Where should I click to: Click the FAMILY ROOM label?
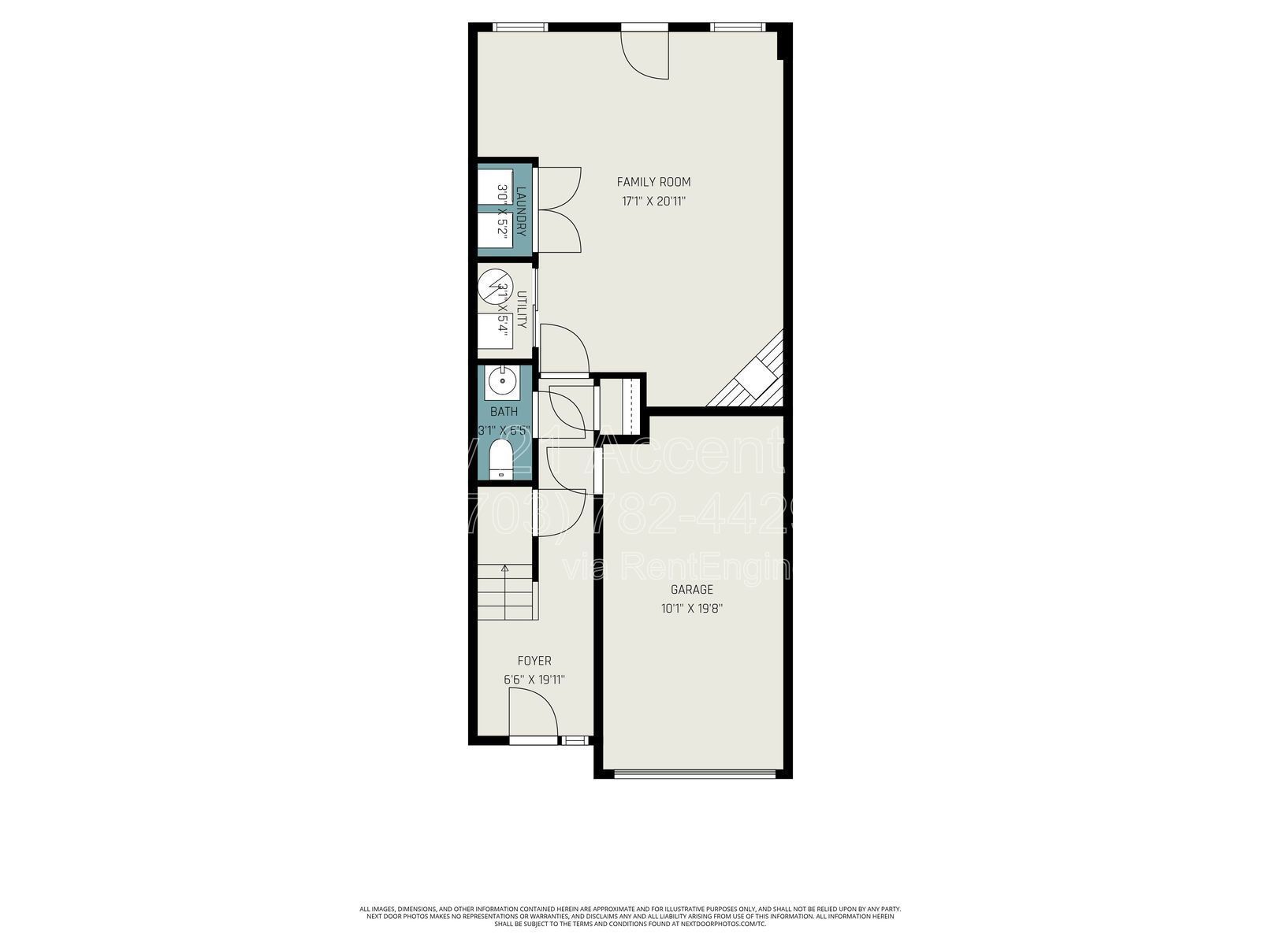[x=653, y=182]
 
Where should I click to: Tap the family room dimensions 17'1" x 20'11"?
[x=653, y=202]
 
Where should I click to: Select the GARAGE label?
[x=691, y=590]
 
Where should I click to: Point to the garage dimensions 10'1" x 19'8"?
[x=691, y=609]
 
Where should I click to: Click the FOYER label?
[x=534, y=661]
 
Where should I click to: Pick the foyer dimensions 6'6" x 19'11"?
[x=534, y=680]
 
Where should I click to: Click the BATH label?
[x=504, y=411]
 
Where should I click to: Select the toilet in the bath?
[x=500, y=461]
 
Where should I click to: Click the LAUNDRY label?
[x=521, y=210]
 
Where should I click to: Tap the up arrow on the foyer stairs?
[x=504, y=569]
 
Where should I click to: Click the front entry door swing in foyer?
[x=533, y=713]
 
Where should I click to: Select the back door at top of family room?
[x=645, y=52]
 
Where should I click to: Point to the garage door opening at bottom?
[x=692, y=773]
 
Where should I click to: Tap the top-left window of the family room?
[x=520, y=28]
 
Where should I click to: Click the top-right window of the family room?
[x=737, y=28]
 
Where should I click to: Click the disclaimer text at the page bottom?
[x=630, y=916]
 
